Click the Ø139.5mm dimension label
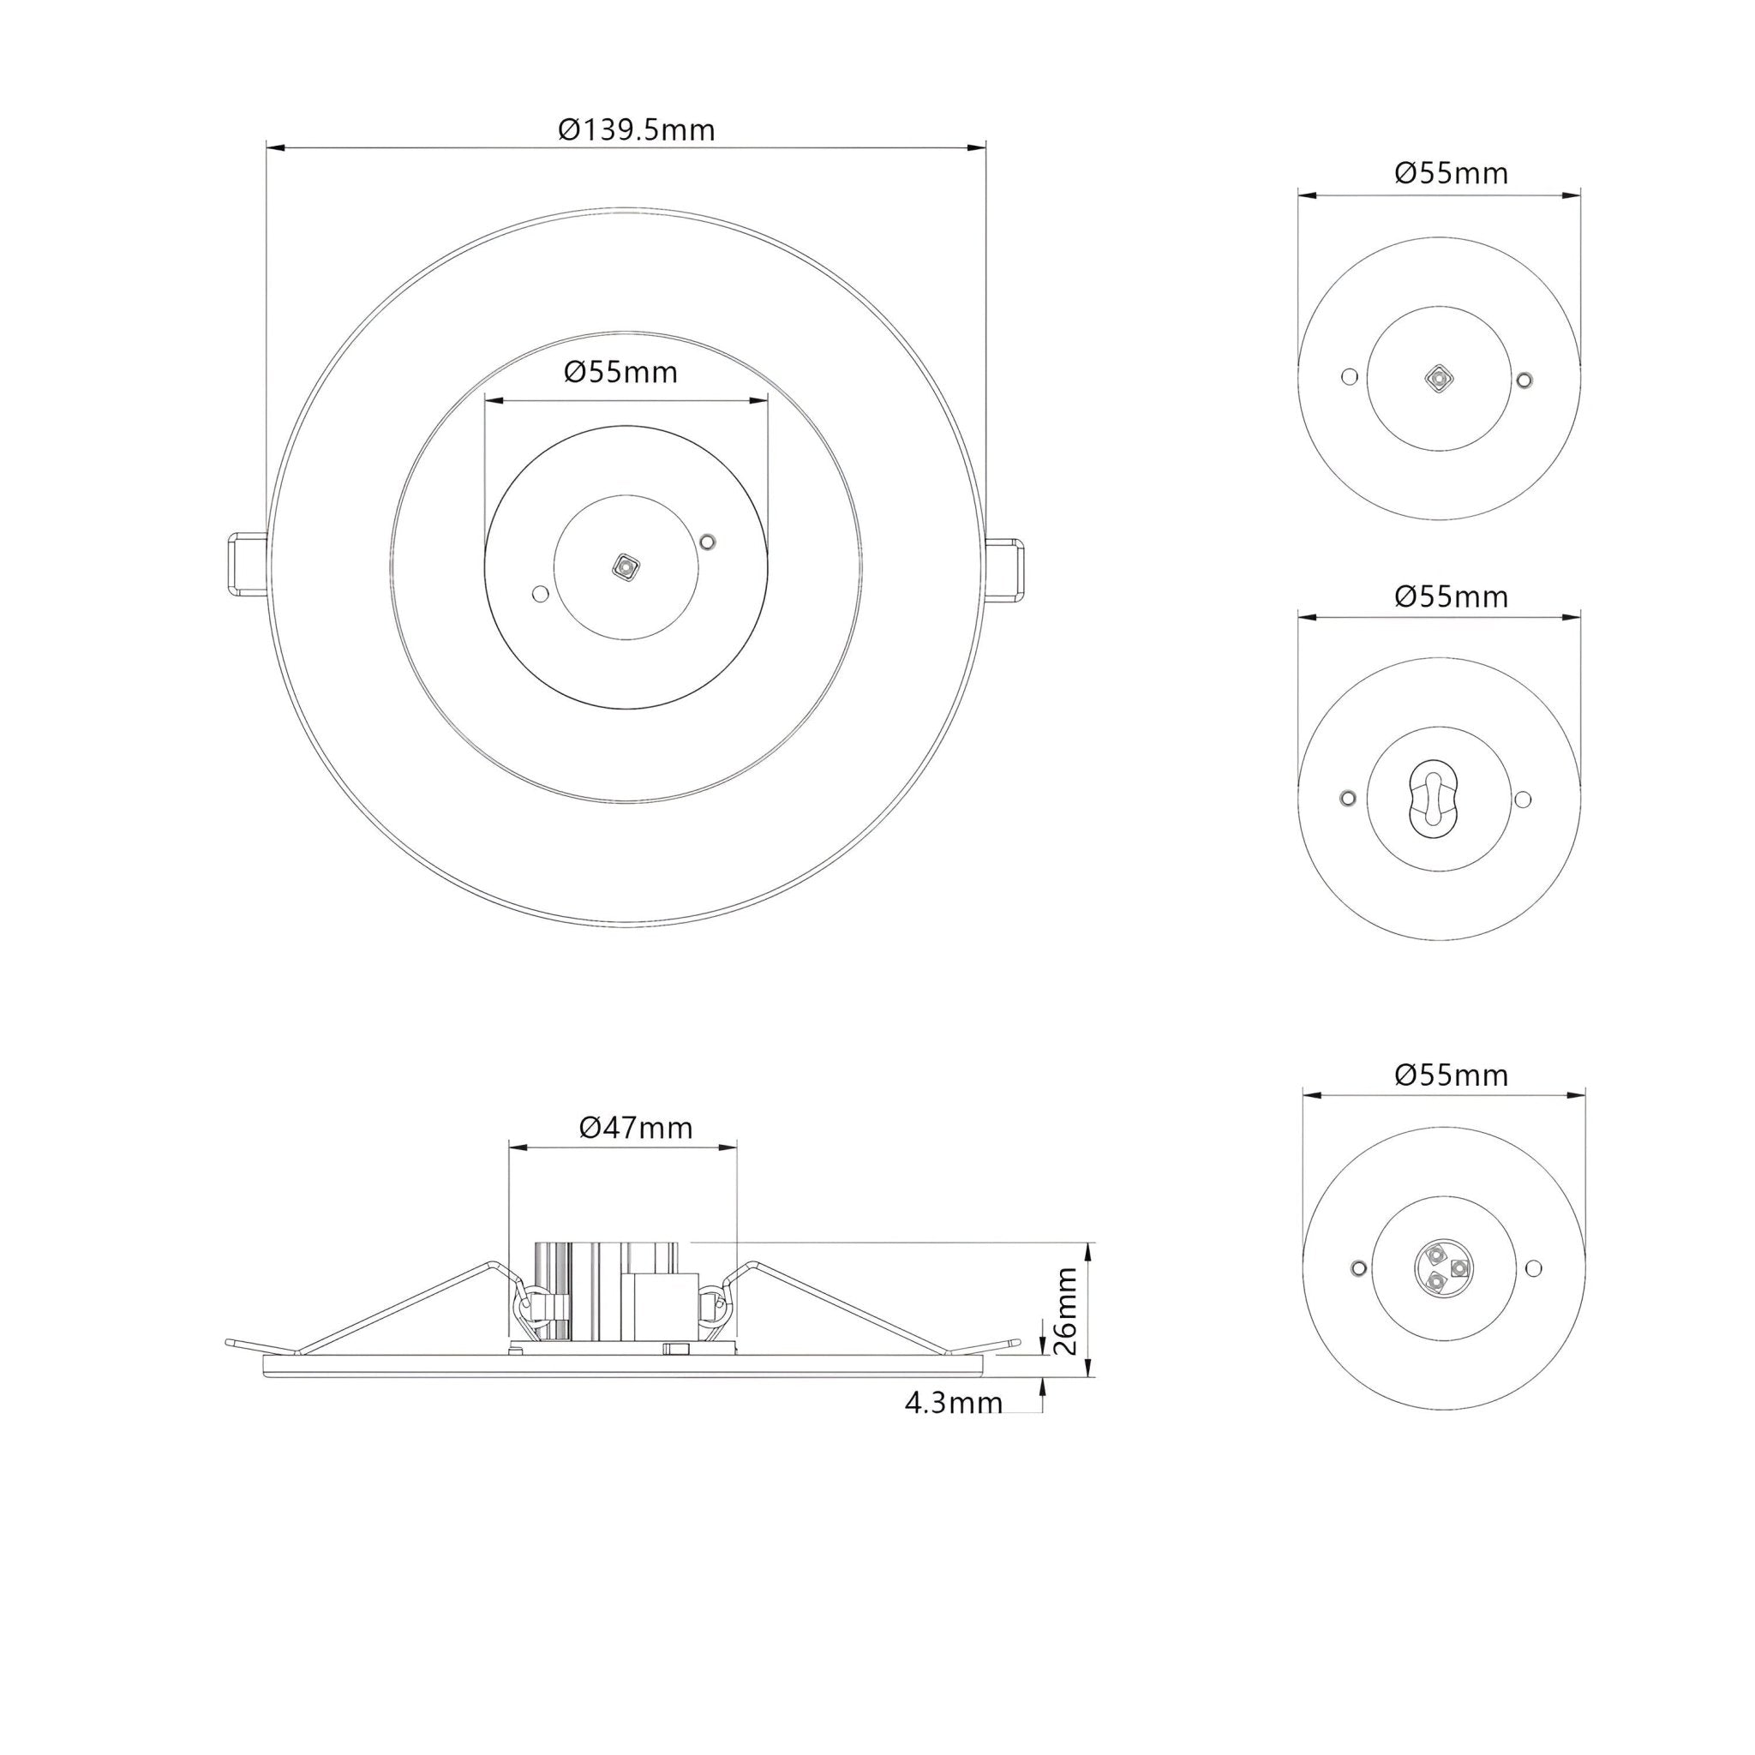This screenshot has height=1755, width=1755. click(x=637, y=130)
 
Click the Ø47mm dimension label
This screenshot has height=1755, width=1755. click(x=636, y=1128)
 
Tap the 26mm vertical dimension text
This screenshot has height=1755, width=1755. click(x=1068, y=1311)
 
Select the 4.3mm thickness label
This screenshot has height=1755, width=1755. click(x=953, y=1403)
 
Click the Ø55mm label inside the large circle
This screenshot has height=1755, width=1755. click(x=620, y=372)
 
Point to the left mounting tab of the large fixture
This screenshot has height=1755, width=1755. click(x=246, y=564)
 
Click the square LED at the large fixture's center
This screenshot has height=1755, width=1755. click(x=624, y=568)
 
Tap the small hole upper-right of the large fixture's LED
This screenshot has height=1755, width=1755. click(x=709, y=542)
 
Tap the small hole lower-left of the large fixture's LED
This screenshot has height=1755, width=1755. click(x=540, y=594)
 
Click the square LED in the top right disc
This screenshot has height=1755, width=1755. click(x=1438, y=378)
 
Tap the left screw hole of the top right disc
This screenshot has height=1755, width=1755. click(x=1350, y=376)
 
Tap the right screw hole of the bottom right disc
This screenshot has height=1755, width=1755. click(x=1534, y=1267)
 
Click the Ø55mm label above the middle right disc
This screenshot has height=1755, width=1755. click(x=1451, y=596)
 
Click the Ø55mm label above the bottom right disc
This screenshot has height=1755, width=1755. click(x=1451, y=1075)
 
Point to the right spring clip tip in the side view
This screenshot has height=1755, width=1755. click(x=1015, y=1341)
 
